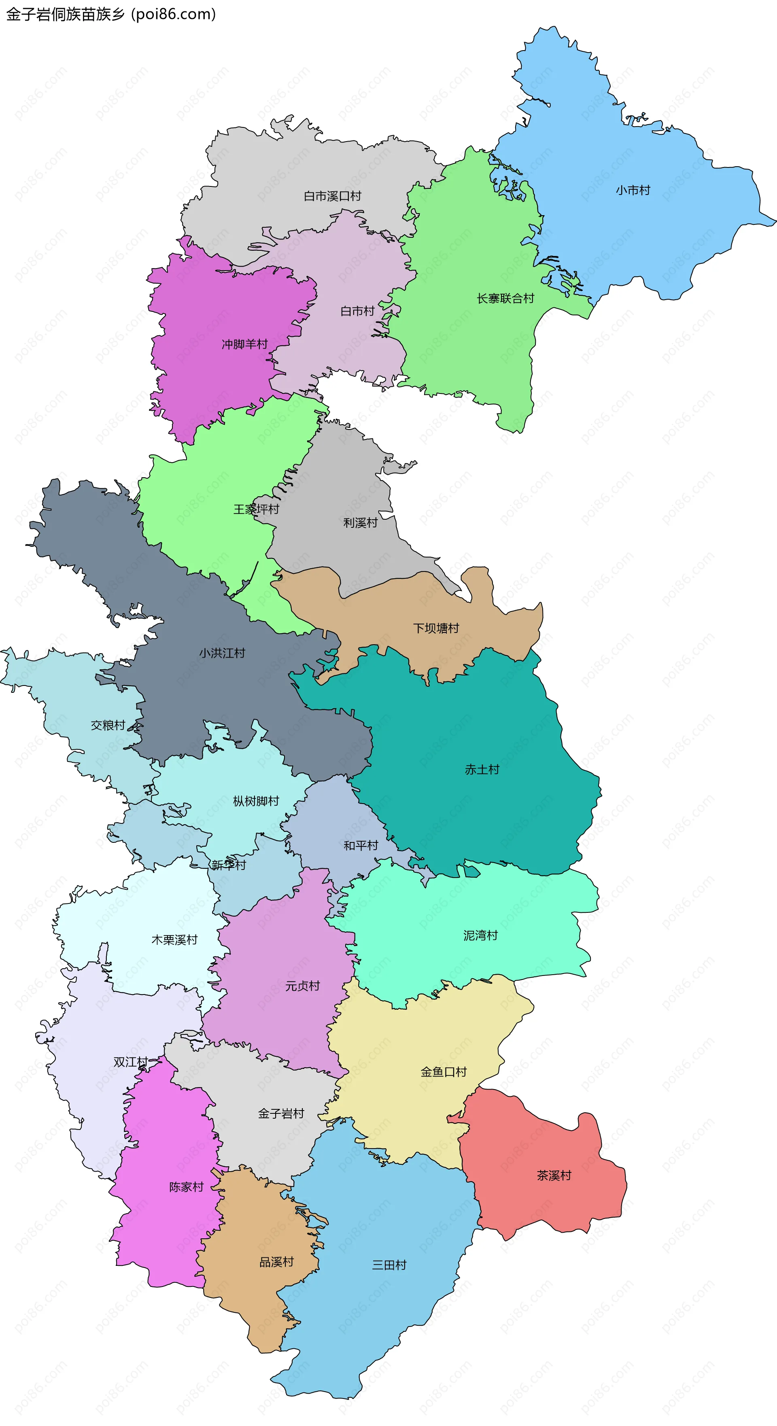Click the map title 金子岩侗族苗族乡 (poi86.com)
point(111,15)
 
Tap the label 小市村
point(633,190)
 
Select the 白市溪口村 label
point(332,196)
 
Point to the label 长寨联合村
point(505,298)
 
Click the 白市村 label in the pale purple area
point(357,311)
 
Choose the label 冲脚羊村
point(244,344)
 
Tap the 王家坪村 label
point(256,509)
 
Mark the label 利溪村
point(360,523)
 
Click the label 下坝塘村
point(436,628)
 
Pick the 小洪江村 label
point(222,653)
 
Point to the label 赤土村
point(482,769)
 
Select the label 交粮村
point(108,725)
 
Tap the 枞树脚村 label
point(256,801)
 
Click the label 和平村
point(361,845)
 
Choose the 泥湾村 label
point(480,935)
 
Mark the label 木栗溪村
point(174,939)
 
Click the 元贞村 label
point(302,986)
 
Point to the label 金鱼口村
point(444,1072)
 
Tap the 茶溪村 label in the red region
point(554,1175)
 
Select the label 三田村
point(389,1265)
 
